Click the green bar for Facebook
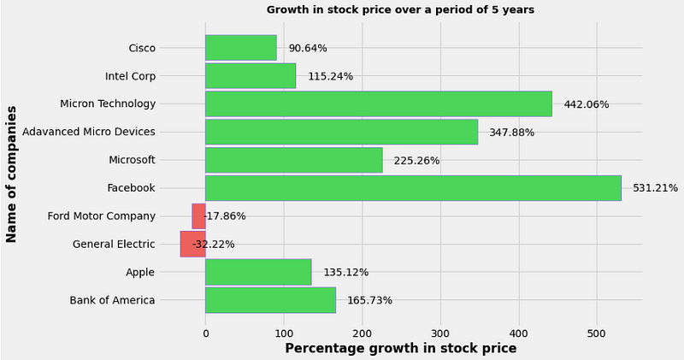tap(413, 188)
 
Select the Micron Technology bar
tap(378, 104)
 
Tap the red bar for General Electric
tap(192, 244)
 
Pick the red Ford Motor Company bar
tap(198, 216)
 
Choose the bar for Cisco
tap(240, 48)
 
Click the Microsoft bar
tap(293, 160)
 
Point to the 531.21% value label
tap(655, 188)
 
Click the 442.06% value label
tap(586, 104)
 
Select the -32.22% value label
tap(213, 245)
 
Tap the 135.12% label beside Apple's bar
tap(345, 273)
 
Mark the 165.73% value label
tap(369, 300)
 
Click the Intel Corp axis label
tap(130, 76)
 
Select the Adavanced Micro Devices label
tap(89, 132)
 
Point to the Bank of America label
tap(112, 300)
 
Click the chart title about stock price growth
tap(400, 10)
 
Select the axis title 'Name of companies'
tap(12, 174)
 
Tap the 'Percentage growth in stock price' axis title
tap(400, 349)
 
